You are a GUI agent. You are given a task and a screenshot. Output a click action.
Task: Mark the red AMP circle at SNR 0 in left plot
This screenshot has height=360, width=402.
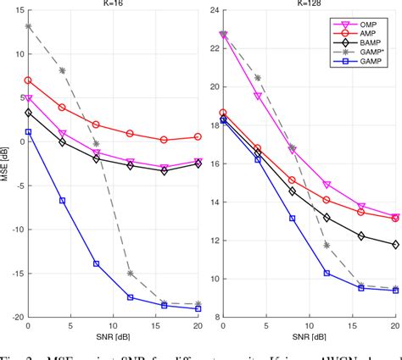(x=28, y=80)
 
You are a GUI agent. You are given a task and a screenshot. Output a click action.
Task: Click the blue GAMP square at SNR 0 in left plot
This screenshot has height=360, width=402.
(x=28, y=132)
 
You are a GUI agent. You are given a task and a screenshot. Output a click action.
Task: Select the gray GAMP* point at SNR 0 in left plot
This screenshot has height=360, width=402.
(x=28, y=26)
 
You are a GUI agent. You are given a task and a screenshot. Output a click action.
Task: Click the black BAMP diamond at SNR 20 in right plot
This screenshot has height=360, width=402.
(x=395, y=244)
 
